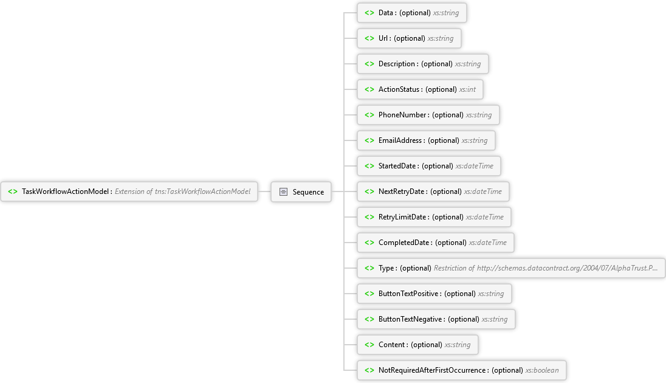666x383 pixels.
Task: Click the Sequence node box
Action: (301, 191)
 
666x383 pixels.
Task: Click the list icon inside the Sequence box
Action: (283, 191)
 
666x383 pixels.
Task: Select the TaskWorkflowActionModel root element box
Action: (129, 191)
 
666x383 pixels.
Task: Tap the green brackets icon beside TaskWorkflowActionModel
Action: (13, 191)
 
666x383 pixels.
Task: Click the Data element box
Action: (412, 13)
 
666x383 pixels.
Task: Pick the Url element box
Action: (409, 38)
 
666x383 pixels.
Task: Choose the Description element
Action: (423, 64)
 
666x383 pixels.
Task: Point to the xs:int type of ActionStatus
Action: (467, 89)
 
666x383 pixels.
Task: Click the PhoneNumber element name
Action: (402, 115)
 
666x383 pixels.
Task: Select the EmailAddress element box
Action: (427, 140)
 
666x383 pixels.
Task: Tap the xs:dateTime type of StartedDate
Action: (475, 166)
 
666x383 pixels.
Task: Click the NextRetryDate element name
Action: (402, 191)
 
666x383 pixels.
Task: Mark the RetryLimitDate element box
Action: (434, 217)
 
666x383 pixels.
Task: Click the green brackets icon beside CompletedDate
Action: (369, 243)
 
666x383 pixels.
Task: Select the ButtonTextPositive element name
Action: (408, 293)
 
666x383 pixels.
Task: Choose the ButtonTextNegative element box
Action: (436, 319)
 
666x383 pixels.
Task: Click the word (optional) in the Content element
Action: (427, 344)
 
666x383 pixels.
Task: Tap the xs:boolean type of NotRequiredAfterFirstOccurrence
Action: (542, 370)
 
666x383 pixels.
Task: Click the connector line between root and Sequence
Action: (264, 191)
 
